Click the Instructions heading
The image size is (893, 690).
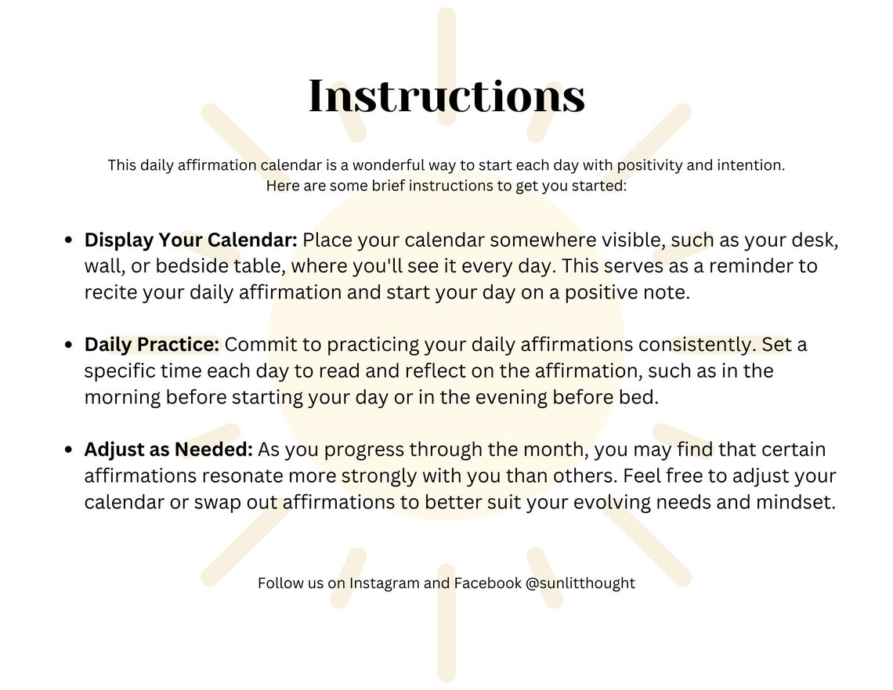(446, 97)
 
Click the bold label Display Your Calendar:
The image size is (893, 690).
(190, 240)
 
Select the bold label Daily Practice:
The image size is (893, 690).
(153, 345)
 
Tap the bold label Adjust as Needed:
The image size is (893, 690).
(168, 450)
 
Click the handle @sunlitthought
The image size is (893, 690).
(580, 583)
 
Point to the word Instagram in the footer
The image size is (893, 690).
(384, 583)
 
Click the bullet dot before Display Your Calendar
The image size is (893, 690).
(69, 240)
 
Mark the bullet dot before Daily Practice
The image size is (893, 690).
(69, 345)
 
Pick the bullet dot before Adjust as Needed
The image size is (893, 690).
(69, 450)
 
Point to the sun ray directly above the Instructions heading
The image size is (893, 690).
(446, 35)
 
